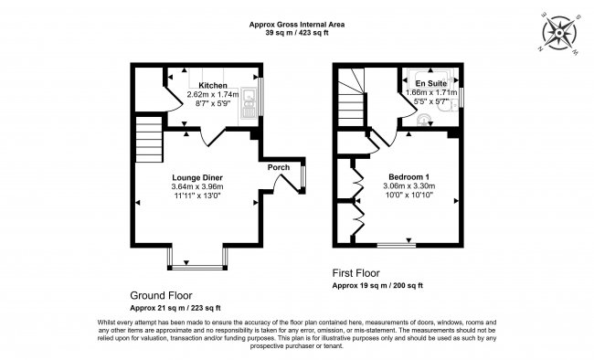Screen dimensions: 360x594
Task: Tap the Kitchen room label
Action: (x=214, y=85)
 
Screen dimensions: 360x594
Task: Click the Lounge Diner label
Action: (x=197, y=177)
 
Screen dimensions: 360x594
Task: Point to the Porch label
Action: (x=278, y=167)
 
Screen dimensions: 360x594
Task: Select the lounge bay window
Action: (x=196, y=267)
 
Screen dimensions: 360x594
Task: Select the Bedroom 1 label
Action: (x=409, y=176)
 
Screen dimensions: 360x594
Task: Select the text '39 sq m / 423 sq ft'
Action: (x=297, y=32)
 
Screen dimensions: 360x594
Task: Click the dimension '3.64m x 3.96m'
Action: (x=197, y=187)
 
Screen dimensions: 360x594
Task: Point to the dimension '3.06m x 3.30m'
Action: (x=409, y=186)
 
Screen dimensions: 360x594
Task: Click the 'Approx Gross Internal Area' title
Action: (x=297, y=23)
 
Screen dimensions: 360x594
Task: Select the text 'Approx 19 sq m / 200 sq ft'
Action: (x=377, y=286)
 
